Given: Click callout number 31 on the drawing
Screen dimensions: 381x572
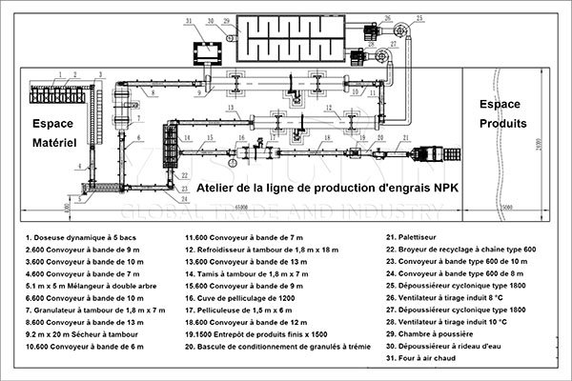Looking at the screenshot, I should point(188,20).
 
